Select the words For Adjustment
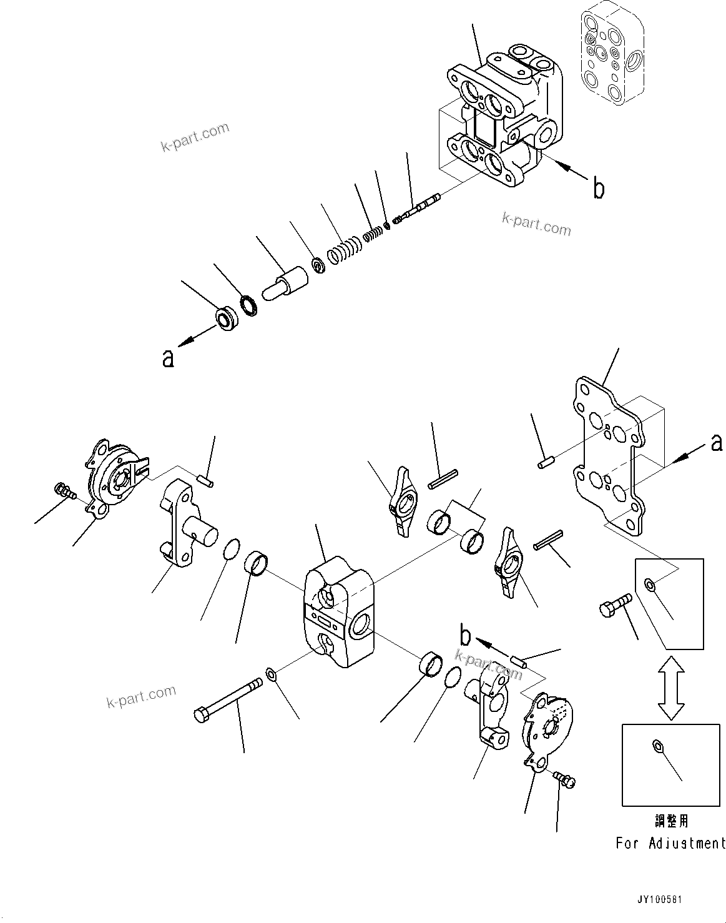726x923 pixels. tap(670, 843)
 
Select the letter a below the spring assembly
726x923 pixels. tap(167, 358)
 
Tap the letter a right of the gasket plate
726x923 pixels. tap(717, 442)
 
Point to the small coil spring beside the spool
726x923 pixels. tap(373, 234)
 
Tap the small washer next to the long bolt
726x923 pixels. tap(271, 674)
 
